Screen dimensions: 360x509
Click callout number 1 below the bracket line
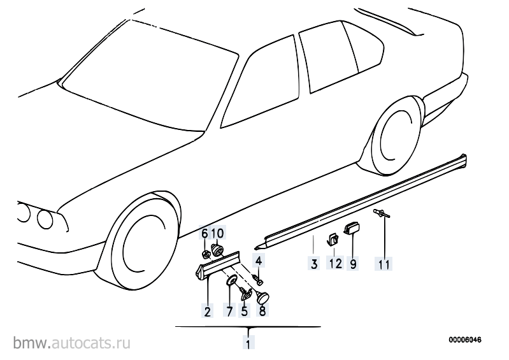tap(247, 344)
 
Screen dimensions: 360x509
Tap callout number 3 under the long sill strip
tap(313, 263)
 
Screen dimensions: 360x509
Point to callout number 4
tap(259, 260)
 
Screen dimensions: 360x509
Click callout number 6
tap(206, 234)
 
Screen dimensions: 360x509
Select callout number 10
tap(217, 234)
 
